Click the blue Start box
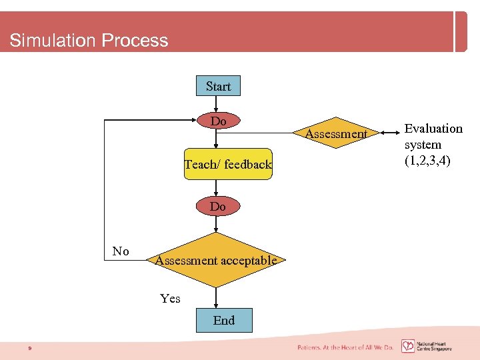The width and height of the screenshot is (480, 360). (218, 86)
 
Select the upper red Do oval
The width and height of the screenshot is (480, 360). (218, 121)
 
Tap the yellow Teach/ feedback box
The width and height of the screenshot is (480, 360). (228, 164)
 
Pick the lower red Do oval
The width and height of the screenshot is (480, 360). (217, 207)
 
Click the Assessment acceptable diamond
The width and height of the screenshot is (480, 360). (215, 260)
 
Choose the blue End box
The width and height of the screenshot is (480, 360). (224, 320)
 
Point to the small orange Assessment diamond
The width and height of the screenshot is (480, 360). (336, 134)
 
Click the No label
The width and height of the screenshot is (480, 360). (121, 251)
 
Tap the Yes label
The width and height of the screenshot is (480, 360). (170, 299)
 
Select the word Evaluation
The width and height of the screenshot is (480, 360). (433, 129)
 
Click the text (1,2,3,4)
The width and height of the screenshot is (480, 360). (427, 161)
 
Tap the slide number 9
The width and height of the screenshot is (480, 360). (29, 347)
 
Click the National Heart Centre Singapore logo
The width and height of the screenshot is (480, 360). (427, 346)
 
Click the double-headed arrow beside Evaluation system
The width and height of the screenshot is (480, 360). (387, 133)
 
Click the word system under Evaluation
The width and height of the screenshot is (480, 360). (423, 145)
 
